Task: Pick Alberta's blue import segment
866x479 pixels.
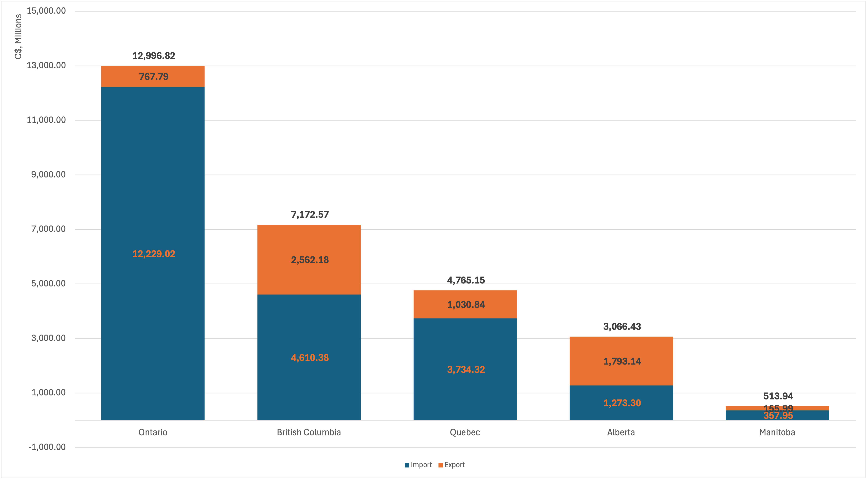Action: pos(621,412)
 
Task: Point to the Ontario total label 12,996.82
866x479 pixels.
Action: pos(154,56)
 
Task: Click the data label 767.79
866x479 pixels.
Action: pos(154,77)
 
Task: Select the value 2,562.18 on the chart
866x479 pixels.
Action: pos(310,260)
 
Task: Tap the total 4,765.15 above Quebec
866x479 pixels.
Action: pos(466,280)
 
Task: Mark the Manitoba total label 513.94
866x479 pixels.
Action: pos(778,396)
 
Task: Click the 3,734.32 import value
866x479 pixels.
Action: pos(466,370)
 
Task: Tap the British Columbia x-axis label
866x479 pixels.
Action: pos(309,432)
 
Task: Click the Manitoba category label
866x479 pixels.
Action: pos(777,432)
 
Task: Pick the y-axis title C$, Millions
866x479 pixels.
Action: pos(18,36)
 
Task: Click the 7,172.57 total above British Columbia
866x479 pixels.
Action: pos(310,215)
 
